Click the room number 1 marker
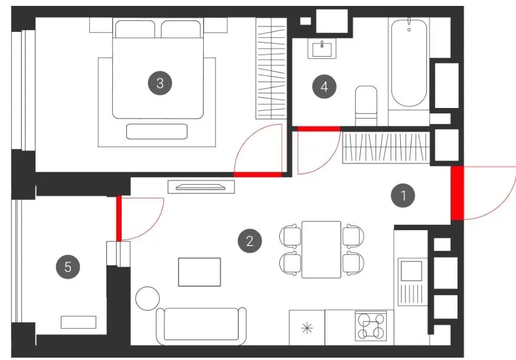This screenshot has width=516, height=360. [x=403, y=195]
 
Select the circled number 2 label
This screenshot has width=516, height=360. [x=250, y=241]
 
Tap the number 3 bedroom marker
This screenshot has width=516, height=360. [x=160, y=83]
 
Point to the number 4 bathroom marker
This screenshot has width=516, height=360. [x=324, y=87]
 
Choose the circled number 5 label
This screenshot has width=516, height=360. [x=68, y=267]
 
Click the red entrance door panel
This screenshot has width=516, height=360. [x=457, y=193]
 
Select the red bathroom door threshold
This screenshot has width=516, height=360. [x=319, y=129]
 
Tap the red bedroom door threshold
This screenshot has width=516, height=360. [x=257, y=175]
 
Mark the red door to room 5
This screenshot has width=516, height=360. [x=119, y=218]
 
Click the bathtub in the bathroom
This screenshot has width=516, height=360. [x=409, y=63]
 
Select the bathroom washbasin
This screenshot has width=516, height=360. [x=322, y=49]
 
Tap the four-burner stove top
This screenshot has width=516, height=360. [x=371, y=326]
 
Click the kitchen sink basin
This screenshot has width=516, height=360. [x=411, y=271]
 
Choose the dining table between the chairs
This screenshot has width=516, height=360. [x=321, y=250]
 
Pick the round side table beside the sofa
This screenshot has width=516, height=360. [x=148, y=298]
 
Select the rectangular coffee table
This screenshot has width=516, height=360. [x=200, y=272]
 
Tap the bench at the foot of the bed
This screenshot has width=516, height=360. [x=157, y=131]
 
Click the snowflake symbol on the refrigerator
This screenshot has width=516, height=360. [x=306, y=328]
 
